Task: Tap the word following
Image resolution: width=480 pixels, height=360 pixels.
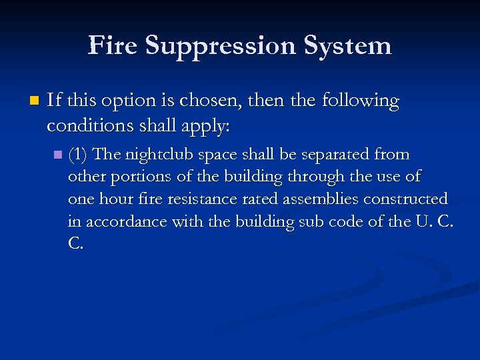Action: pos(360,101)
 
